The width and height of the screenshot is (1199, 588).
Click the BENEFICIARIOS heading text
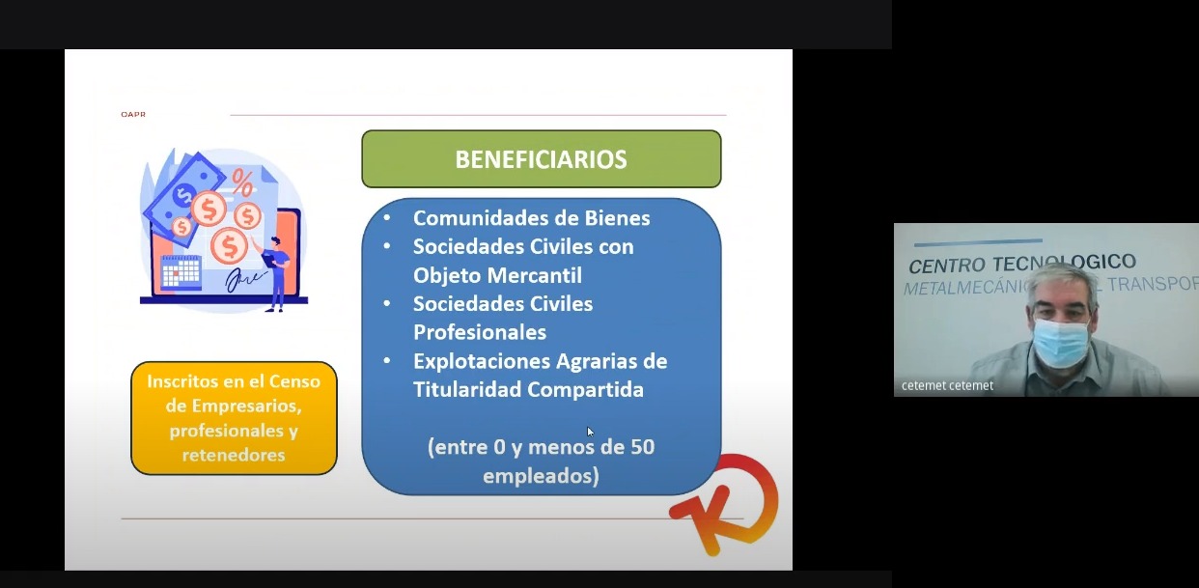point(541,159)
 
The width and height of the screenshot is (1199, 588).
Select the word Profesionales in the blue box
point(480,332)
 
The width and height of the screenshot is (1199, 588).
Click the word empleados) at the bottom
point(541,476)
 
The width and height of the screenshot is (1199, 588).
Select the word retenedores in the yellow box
point(234,455)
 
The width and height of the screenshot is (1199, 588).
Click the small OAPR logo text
point(133,114)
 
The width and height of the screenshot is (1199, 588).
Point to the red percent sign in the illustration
point(242,183)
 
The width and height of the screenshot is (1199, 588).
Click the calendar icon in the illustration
point(181,271)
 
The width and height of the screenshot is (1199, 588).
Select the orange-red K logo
point(724,504)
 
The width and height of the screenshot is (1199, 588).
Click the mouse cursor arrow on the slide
point(590,432)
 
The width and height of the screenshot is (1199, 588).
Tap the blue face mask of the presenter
point(1061,345)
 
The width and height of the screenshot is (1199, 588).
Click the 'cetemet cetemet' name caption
point(947,385)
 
